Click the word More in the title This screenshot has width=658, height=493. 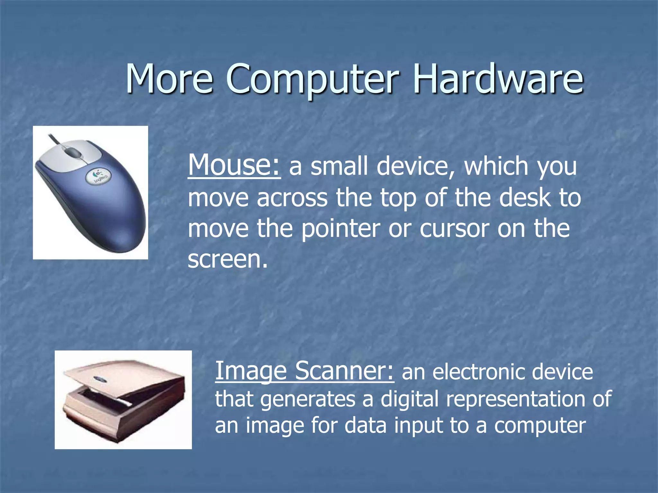(169, 78)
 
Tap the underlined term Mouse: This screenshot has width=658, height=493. (234, 165)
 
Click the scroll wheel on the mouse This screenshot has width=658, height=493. (74, 152)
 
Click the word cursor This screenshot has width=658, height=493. (454, 229)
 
